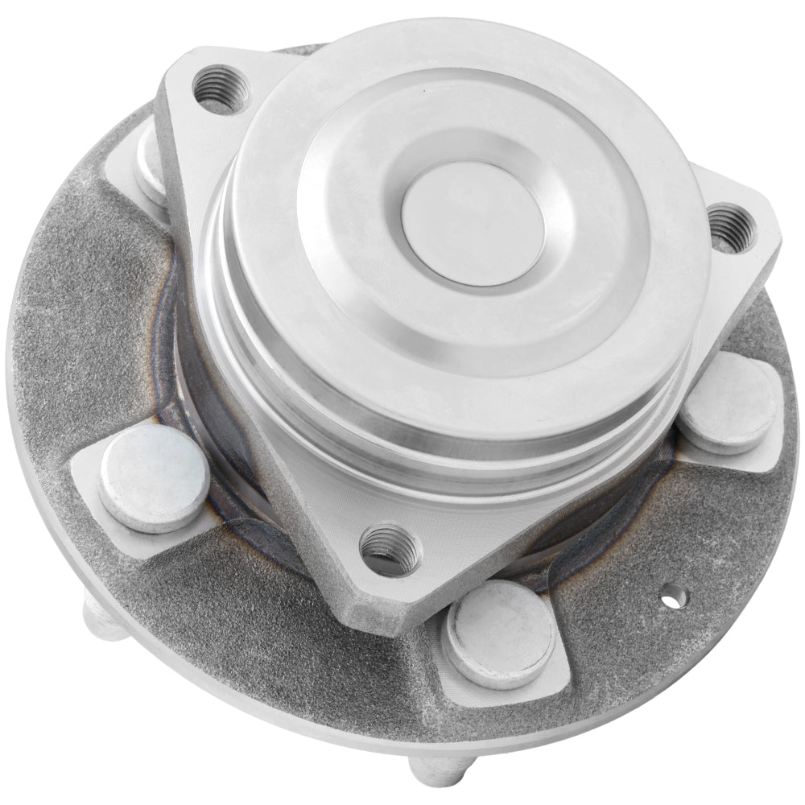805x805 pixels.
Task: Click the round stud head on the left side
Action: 155,478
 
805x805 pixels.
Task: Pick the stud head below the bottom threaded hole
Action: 500,633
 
